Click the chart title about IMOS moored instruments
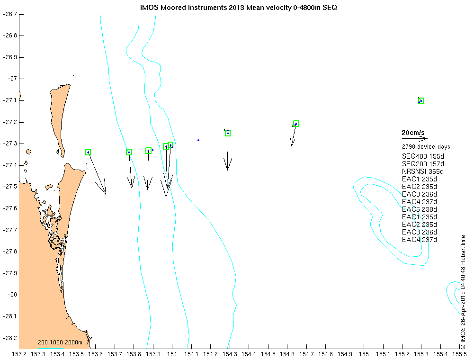tap(238, 8)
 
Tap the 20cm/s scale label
tap(413, 133)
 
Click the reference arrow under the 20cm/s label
tap(414, 139)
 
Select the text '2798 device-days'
tap(426, 147)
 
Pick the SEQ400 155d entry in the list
tap(423, 156)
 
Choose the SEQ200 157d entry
tap(423, 164)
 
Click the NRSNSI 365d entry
tap(422, 171)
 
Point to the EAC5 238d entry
tap(419, 209)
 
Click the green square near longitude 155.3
tap(421, 101)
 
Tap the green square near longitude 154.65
tap(296, 124)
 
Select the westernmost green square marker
tap(88, 152)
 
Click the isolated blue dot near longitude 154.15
tap(198, 140)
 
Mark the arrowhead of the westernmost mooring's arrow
tap(106, 194)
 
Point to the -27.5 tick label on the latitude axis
tap(10, 187)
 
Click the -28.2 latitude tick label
tap(10, 338)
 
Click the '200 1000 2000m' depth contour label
tap(60, 342)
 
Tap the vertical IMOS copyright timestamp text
tap(463, 292)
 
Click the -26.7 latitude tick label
tap(10, 14)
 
